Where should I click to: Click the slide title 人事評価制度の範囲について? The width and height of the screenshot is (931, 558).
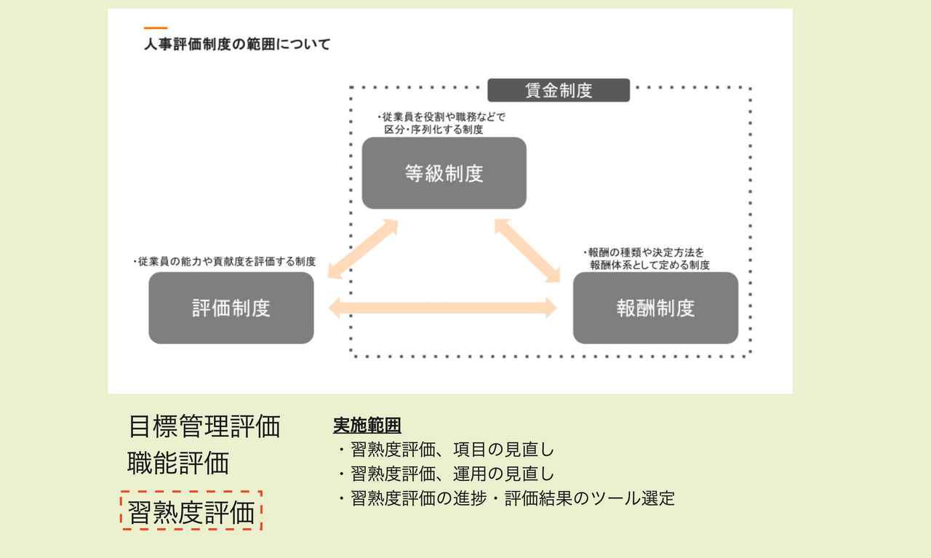pos(237,44)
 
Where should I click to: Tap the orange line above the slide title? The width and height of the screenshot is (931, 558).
pos(156,28)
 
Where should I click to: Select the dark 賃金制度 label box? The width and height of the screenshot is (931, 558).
pos(559,90)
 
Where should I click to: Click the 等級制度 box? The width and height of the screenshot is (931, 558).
pos(444,173)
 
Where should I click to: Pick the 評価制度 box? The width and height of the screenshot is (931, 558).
pos(231,308)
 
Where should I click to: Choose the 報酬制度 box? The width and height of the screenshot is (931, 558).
pos(655,308)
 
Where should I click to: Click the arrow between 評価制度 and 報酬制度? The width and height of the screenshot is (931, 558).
pos(443,308)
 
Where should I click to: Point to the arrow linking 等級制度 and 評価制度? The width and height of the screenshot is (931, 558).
pos(363,249)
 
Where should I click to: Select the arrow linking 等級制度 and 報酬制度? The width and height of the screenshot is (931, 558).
pos(527,251)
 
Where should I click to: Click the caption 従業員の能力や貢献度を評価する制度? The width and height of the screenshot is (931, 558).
pos(225,261)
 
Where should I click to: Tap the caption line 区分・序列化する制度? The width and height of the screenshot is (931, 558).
pos(433,129)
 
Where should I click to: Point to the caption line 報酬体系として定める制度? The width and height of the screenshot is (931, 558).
pos(650,265)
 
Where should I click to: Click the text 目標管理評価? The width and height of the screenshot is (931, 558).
pos(204,426)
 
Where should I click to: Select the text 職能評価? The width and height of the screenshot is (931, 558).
pos(178,463)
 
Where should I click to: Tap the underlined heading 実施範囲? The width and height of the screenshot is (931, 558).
pos(367,425)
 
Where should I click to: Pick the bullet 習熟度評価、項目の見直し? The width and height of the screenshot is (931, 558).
pos(446,450)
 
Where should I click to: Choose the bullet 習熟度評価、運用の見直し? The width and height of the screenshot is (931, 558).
pos(446,474)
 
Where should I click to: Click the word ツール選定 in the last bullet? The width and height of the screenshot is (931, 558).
pos(632,498)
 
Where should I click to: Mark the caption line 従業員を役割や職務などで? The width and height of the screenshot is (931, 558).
pos(441,117)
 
